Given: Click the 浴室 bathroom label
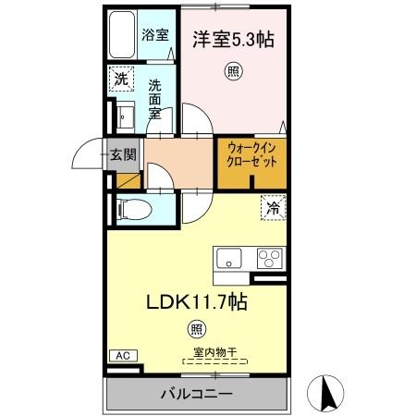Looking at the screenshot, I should click(155, 35).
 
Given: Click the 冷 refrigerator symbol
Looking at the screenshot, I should click(273, 209).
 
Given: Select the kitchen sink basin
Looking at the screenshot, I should click(228, 257).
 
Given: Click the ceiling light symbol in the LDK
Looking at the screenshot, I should click(197, 328).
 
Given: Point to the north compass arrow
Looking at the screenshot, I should click(326, 393).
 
